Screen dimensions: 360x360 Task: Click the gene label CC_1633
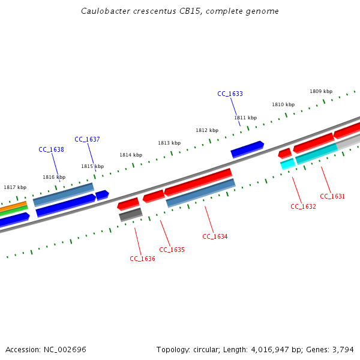coord(230,94)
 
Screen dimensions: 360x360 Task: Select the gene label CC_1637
coord(87,139)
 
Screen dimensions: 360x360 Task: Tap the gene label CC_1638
coord(51,149)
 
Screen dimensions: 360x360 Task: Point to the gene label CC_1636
coord(142,259)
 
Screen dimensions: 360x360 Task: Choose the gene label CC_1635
coord(172,249)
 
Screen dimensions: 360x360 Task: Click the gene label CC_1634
coord(215,236)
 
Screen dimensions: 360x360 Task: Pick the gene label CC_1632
coord(303,206)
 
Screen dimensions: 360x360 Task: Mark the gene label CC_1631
coord(332,196)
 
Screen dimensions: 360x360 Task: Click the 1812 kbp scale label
coord(207,130)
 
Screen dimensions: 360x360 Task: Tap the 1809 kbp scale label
coord(321,91)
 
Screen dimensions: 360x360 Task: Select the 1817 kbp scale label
coord(15,187)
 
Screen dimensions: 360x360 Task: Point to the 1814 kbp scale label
coord(131,155)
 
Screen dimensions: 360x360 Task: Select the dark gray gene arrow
coord(130,214)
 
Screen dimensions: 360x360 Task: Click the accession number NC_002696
coord(65,349)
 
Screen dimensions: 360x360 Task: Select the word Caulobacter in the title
coord(104,11)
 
